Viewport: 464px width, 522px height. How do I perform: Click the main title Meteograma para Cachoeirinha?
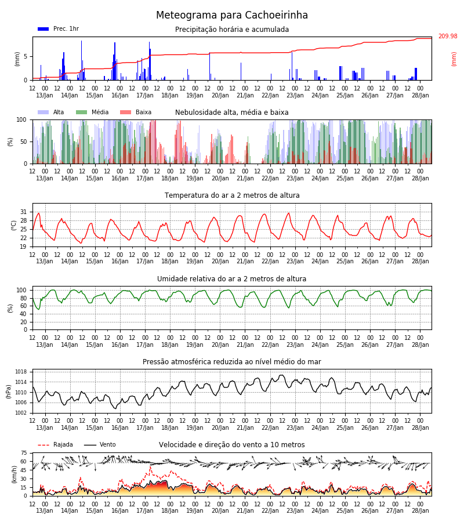click(232, 15)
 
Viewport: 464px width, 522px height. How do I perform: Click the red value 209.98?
click(448, 37)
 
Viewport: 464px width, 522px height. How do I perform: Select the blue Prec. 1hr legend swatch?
click(43, 29)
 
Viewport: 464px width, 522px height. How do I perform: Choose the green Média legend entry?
click(92, 112)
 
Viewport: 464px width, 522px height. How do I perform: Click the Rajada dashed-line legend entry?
click(55, 445)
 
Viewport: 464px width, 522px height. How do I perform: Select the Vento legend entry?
click(100, 445)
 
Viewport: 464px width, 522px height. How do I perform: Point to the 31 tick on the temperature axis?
click(24, 212)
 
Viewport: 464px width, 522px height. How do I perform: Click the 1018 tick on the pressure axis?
click(21, 372)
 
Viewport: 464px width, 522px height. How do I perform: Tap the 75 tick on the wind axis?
click(24, 453)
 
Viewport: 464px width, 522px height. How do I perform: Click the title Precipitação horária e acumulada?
click(232, 30)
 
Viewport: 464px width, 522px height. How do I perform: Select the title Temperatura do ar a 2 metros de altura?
click(232, 195)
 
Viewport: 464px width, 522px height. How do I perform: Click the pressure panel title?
click(232, 361)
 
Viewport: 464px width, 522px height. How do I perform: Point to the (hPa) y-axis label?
click(9, 391)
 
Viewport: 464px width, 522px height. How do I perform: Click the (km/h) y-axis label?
click(14, 474)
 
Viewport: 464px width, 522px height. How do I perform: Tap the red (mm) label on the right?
click(454, 59)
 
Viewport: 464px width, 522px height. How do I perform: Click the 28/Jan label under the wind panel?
click(420, 510)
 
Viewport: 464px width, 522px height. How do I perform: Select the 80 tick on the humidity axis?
click(24, 298)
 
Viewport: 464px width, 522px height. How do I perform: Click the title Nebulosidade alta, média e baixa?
click(232, 113)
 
